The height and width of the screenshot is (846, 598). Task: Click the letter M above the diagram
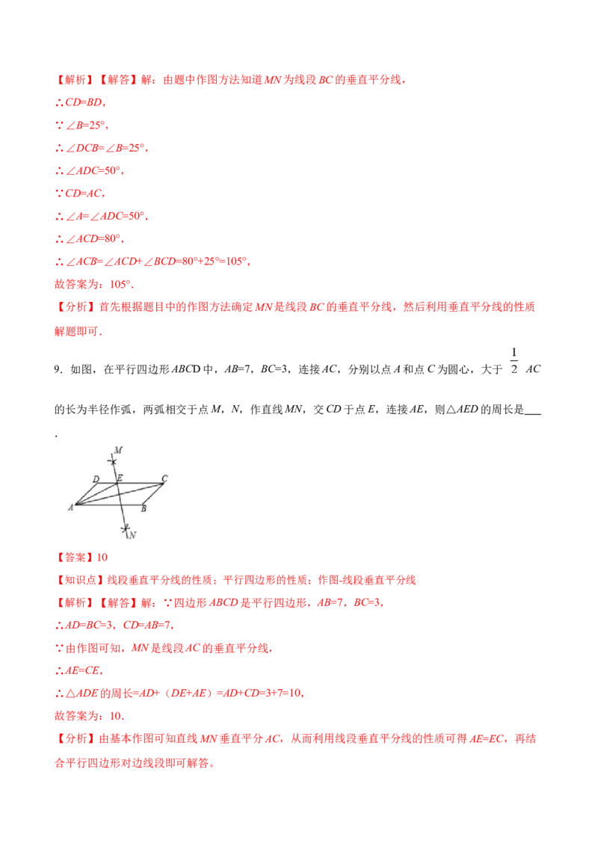[x=118, y=449]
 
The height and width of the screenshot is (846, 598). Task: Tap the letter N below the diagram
[x=132, y=535]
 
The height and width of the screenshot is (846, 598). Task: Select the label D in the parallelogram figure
[x=96, y=478]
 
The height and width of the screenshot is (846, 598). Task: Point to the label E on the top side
[x=120, y=478]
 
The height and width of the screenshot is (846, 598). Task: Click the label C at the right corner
[x=164, y=478]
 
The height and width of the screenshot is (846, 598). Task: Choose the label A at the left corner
[x=70, y=507]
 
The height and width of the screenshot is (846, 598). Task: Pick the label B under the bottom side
[x=143, y=509]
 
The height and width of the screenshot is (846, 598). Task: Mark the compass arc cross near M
[x=113, y=461]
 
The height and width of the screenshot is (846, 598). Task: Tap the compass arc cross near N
[x=126, y=529]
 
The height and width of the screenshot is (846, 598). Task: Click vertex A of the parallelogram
[x=75, y=504]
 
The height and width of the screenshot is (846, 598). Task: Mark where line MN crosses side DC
[x=117, y=484]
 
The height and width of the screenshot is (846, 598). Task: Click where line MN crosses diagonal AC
[x=119, y=494]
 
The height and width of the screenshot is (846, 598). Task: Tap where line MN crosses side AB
[x=121, y=504]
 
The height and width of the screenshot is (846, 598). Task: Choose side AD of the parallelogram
[x=87, y=493]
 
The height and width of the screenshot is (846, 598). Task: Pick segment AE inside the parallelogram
[x=96, y=493]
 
